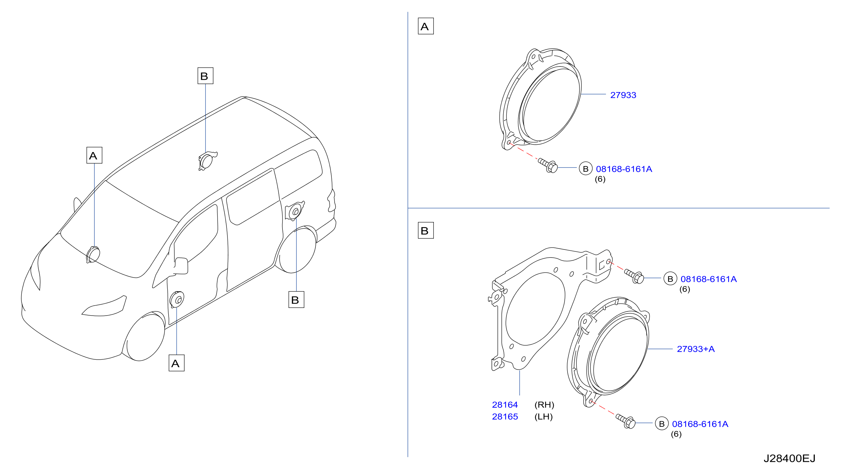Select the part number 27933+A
pyautogui.click(x=696, y=349)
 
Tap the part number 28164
pyautogui.click(x=505, y=405)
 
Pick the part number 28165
pyautogui.click(x=505, y=417)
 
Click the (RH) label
pyautogui.click(x=544, y=405)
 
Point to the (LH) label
pyautogui.click(x=544, y=417)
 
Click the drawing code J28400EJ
pyautogui.click(x=789, y=458)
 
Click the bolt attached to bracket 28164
pyautogui.click(x=634, y=276)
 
